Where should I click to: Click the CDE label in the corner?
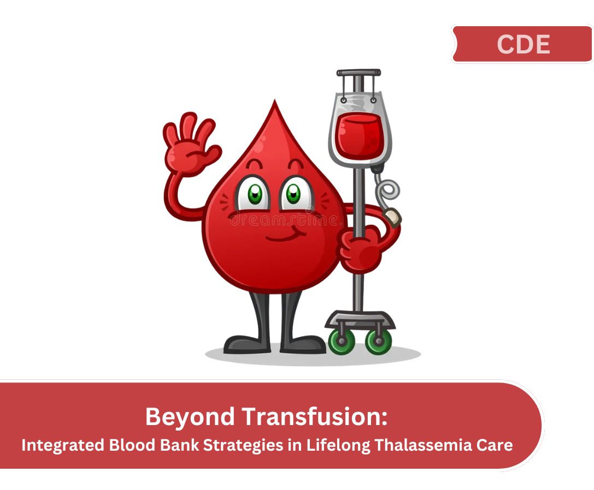click(523, 44)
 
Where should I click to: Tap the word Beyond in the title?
click(190, 417)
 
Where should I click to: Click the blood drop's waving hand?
click(191, 144)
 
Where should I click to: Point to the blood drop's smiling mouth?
click(286, 236)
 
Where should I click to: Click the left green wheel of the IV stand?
click(342, 341)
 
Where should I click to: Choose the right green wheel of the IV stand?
click(379, 341)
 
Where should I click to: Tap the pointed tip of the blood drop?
click(275, 100)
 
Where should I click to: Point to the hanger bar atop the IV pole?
click(358, 73)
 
